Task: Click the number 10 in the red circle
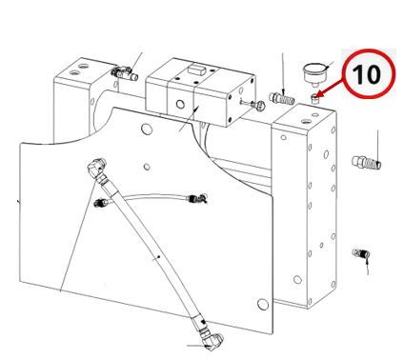pos(366,74)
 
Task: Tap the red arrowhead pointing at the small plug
pos(320,94)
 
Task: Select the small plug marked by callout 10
pos(314,98)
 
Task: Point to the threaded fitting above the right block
pos(281,99)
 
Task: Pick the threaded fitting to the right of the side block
pos(366,162)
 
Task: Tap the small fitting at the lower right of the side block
pos(361,253)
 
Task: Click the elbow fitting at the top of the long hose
pos(96,168)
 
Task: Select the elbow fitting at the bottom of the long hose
pos(212,340)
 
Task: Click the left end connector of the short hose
pos(102,202)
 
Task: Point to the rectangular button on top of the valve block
pos(195,69)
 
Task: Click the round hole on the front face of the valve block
pos(180,104)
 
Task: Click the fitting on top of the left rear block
pos(125,73)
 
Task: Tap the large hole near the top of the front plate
pos(146,129)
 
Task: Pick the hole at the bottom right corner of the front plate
pos(262,304)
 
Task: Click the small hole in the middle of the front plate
pos(147,167)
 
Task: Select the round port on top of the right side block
pos(307,121)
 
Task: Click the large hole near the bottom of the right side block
pos(297,280)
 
